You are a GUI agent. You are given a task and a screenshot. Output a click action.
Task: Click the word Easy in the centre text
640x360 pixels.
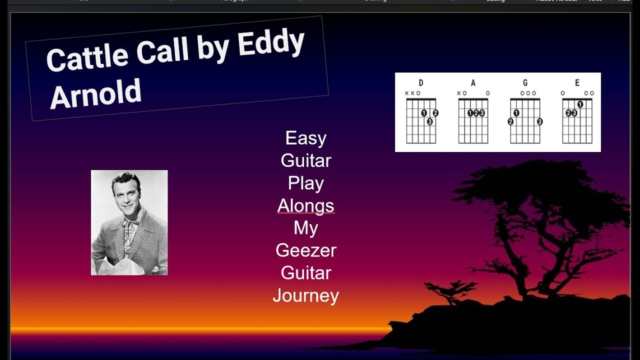pos(305,138)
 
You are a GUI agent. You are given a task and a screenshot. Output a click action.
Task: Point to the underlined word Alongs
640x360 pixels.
pos(305,205)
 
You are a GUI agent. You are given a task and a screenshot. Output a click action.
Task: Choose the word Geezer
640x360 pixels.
pos(305,250)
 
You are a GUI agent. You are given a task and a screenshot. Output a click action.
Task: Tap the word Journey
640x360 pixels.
pos(305,295)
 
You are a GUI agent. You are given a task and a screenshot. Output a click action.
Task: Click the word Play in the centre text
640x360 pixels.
pos(305,183)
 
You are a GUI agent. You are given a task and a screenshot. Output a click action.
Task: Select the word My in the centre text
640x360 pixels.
pos(305,228)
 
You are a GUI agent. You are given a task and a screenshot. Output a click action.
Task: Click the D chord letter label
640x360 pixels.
pos(421,83)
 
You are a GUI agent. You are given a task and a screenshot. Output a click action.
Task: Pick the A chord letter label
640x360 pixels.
pos(473,83)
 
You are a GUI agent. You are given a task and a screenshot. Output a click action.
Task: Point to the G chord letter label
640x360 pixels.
pos(525,83)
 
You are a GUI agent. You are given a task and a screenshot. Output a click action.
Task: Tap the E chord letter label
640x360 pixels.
pos(577,83)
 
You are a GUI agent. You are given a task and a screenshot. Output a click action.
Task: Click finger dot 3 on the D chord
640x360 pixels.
pos(429,121)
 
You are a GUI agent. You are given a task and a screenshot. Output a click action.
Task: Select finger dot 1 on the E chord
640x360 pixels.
pos(580,104)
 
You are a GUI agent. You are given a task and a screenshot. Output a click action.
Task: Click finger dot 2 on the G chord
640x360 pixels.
pos(510,121)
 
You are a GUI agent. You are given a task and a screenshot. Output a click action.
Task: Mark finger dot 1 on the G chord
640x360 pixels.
pos(516,113)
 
